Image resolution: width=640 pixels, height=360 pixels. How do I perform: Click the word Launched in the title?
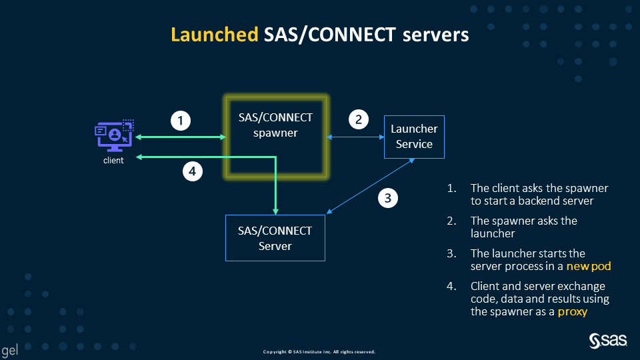(214, 35)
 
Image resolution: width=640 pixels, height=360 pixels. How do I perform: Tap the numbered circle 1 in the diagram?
(181, 121)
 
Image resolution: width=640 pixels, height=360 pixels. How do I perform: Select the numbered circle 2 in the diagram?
(359, 120)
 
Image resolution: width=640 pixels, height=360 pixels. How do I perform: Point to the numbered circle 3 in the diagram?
(389, 197)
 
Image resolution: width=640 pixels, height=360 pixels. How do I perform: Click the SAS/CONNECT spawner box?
(276, 137)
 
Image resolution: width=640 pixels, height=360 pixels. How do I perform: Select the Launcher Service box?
(414, 137)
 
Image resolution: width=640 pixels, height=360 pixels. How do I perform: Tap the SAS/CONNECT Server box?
(275, 238)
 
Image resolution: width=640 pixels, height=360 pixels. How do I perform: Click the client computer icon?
(114, 136)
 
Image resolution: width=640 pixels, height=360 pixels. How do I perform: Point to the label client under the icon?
(113, 161)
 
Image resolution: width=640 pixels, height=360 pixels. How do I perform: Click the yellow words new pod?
(589, 266)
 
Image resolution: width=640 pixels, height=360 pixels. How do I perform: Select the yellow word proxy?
(572, 311)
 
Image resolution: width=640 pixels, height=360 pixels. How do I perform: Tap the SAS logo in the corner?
(608, 341)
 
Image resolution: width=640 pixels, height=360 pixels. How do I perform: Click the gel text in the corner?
(9, 350)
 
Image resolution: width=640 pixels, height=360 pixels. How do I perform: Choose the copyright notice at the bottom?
(319, 351)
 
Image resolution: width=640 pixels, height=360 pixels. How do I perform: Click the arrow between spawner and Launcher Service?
(355, 137)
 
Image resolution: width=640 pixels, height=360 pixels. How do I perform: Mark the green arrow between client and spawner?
(180, 137)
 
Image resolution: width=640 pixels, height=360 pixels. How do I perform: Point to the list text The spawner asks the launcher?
(523, 227)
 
